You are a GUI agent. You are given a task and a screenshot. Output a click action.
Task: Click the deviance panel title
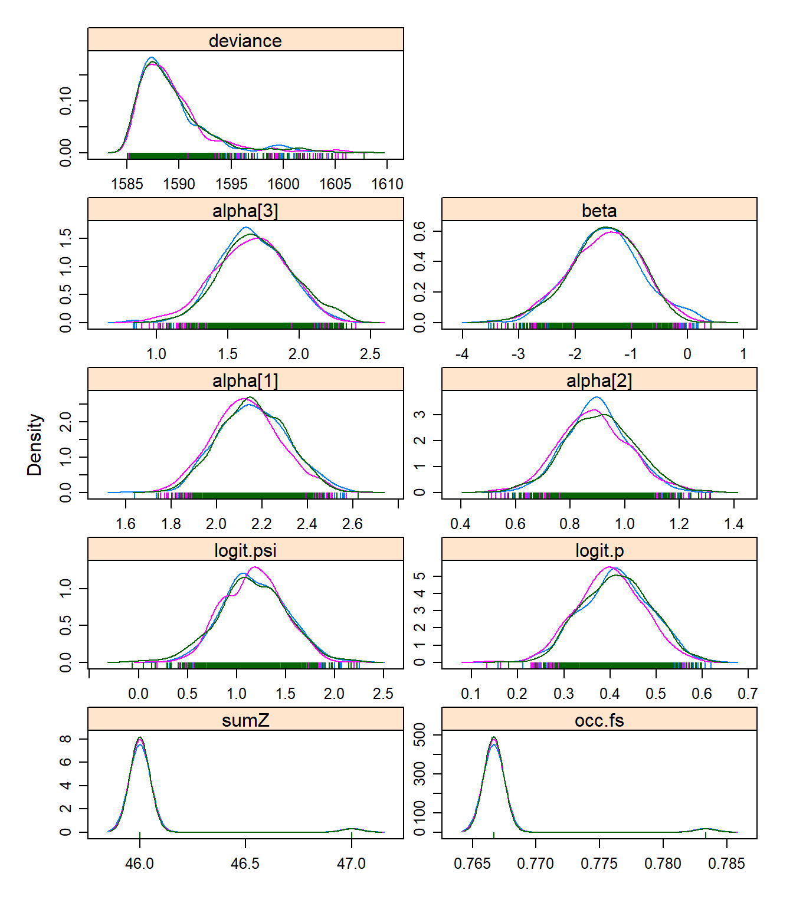245,41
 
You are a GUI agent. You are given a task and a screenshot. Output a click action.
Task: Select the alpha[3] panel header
245,211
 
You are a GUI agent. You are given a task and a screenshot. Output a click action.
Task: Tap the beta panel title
599,211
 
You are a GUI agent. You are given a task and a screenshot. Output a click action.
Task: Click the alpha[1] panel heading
245,380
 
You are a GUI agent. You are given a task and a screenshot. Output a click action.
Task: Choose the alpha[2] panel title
599,380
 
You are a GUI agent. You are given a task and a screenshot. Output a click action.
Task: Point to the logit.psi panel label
245,550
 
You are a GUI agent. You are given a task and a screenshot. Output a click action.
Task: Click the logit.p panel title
599,550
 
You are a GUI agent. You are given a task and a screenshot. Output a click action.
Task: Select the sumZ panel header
245,720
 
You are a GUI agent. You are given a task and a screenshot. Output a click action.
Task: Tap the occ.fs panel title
599,720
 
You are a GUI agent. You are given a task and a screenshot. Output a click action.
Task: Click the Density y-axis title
35,444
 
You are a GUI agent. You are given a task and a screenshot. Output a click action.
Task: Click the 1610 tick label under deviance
387,184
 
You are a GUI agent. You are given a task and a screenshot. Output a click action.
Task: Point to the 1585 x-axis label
127,184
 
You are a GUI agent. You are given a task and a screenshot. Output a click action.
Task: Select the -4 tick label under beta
462,354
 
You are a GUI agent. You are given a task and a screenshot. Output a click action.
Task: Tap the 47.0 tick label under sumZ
351,864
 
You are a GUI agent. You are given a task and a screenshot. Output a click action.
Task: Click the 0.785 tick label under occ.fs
727,864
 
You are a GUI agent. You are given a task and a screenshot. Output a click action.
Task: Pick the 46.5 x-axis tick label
245,864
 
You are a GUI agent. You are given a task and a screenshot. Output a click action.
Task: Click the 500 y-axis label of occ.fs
420,735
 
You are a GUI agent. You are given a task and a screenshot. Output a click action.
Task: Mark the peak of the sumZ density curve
140,738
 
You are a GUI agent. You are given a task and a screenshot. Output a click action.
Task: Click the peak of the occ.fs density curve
494,737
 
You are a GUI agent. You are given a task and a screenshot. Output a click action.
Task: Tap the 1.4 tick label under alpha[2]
733,524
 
